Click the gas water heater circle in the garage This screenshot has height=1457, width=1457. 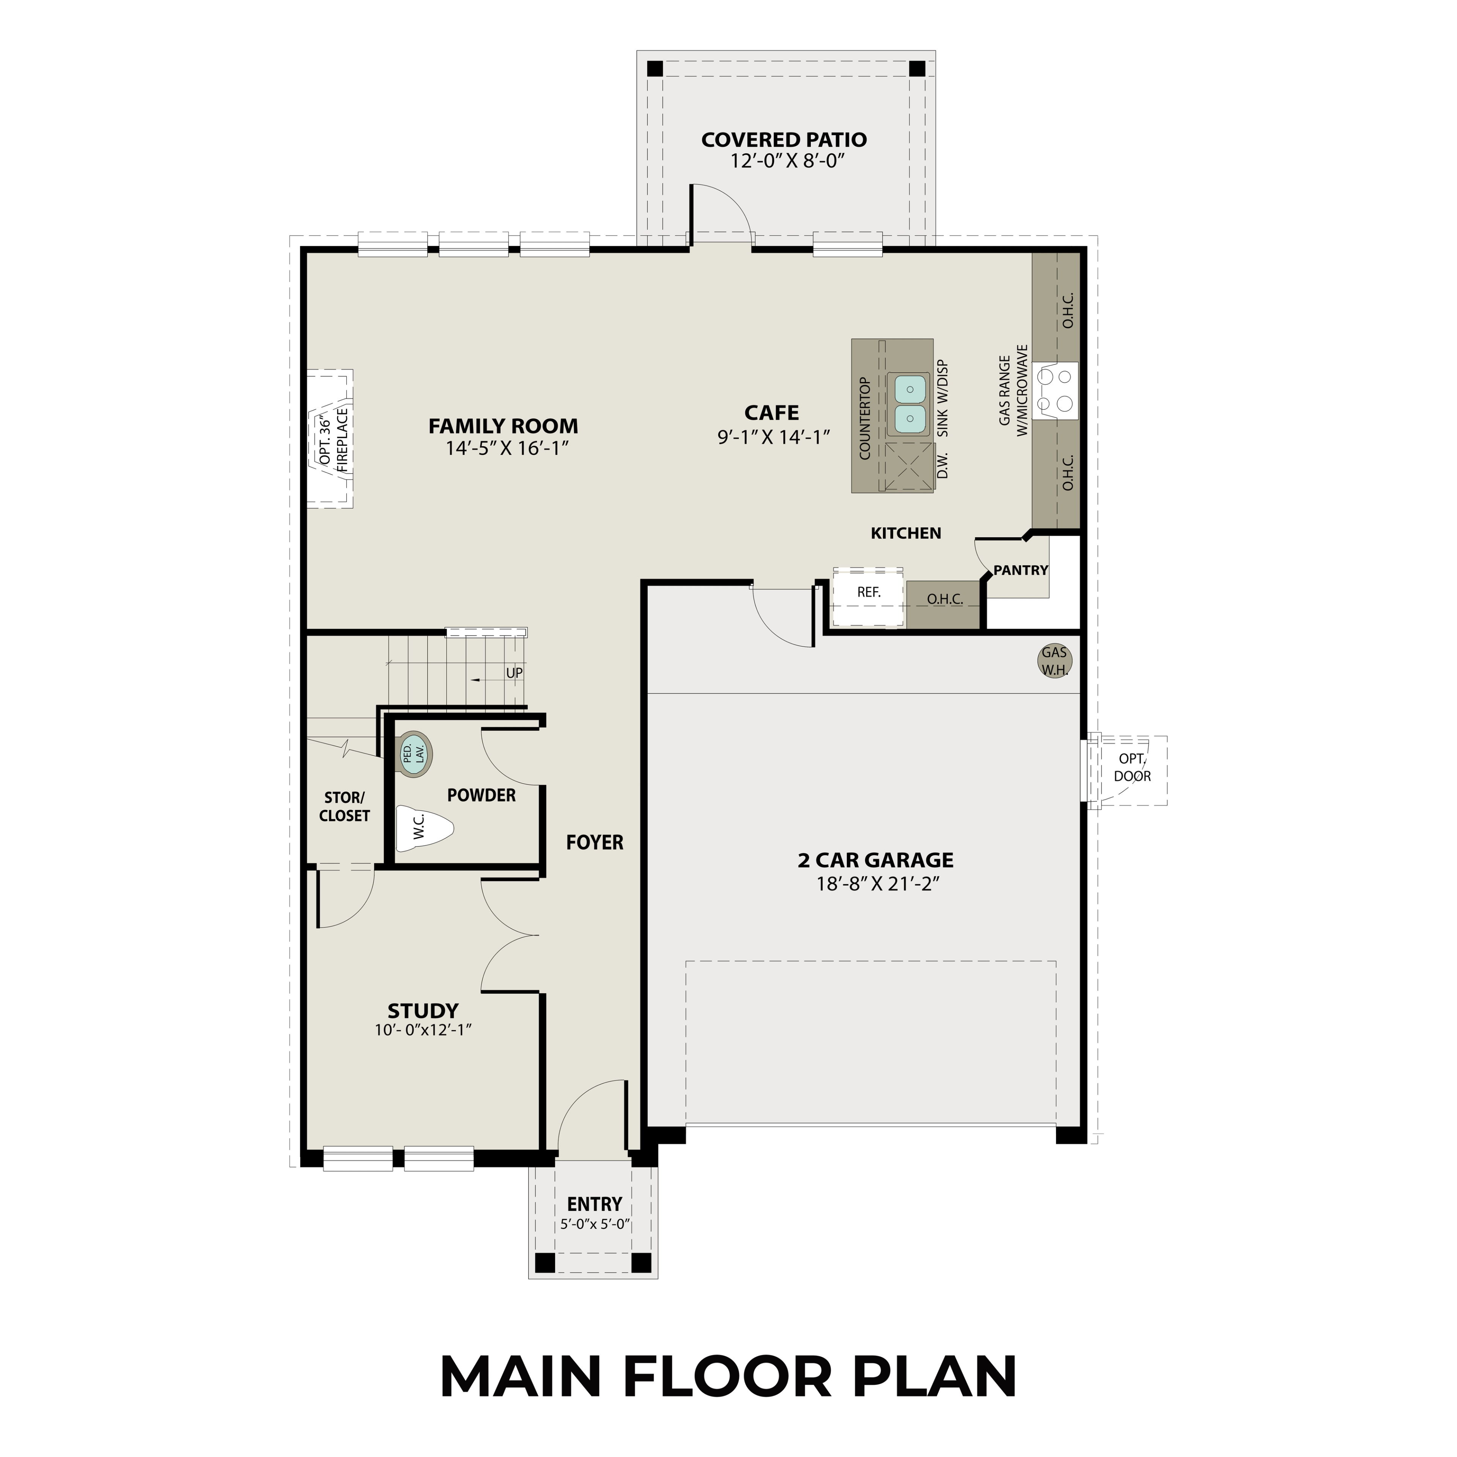click(x=1054, y=661)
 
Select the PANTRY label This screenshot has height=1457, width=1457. click(x=1020, y=570)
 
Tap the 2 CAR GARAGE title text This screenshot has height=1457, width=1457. click(x=876, y=860)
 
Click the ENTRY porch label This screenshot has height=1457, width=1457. click(x=594, y=1204)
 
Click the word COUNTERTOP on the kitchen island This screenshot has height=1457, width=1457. click(x=865, y=419)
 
